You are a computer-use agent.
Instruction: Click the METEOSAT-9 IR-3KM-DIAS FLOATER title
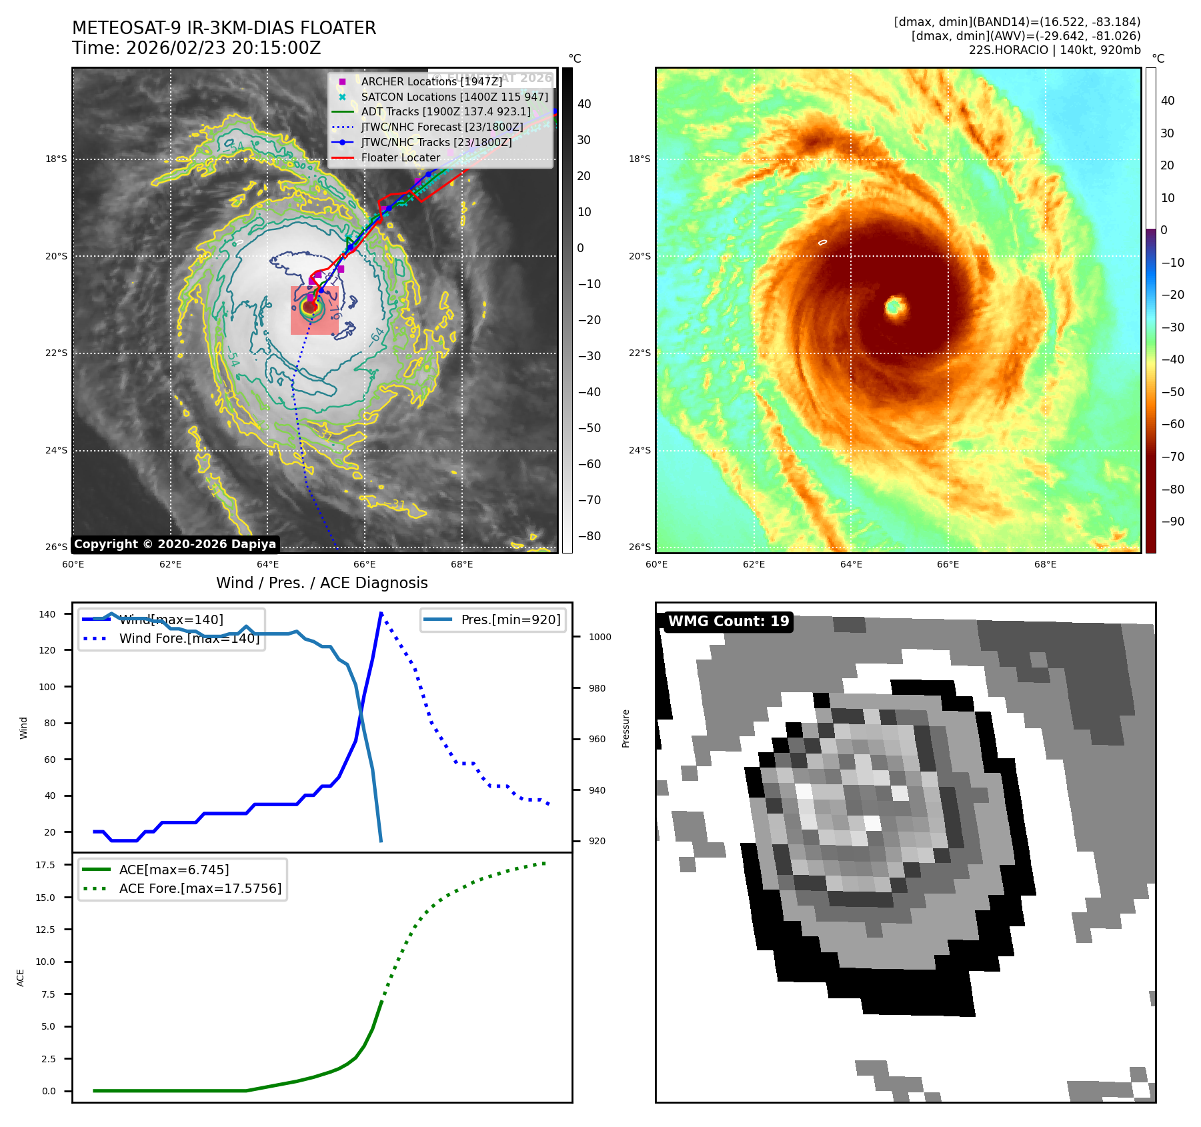[224, 28]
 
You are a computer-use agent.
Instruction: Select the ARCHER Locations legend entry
[431, 81]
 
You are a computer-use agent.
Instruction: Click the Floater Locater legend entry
[400, 157]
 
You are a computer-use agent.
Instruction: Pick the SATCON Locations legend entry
[454, 97]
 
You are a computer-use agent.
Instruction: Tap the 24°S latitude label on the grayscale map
[56, 450]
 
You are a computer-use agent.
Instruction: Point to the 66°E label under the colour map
[948, 564]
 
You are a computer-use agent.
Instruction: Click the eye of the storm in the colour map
[894, 307]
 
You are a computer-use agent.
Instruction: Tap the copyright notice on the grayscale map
[175, 544]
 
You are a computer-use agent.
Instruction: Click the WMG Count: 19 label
[728, 622]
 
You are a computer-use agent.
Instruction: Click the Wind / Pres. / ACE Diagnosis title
[321, 583]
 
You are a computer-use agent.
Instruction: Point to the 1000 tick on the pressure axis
[599, 637]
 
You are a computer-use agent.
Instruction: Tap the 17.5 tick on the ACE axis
[45, 865]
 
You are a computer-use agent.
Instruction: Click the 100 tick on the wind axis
[47, 687]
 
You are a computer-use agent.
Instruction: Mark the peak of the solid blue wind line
[381, 614]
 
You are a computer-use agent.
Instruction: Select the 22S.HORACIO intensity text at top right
[1054, 50]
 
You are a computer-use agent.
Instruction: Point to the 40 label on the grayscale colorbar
[584, 104]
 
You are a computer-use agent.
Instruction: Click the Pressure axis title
[626, 728]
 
